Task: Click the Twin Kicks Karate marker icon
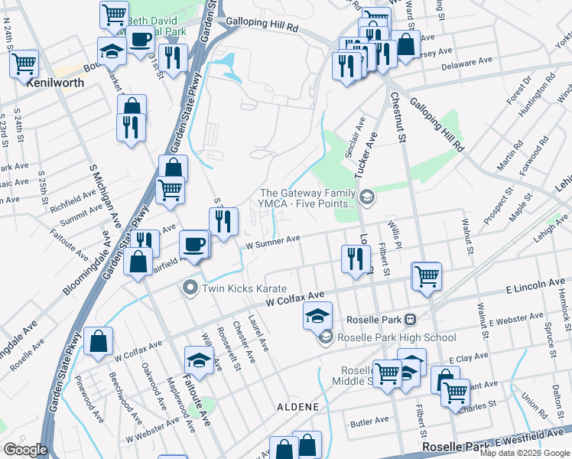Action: tap(190, 288)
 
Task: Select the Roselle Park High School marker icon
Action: tap(327, 337)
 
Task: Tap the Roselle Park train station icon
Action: tap(410, 319)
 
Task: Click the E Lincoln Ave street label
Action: tap(534, 285)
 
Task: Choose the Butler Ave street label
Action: tap(369, 422)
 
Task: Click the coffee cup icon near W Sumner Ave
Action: tap(193, 244)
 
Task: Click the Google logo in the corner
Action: tap(25, 450)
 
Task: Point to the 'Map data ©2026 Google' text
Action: tap(524, 453)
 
